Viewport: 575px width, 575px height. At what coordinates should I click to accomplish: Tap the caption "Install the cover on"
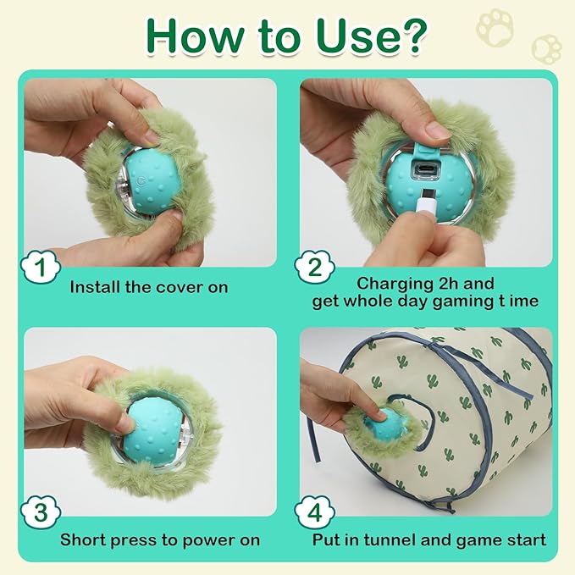pyautogui.click(x=149, y=287)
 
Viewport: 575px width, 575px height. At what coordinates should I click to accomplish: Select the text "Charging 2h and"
pyautogui.click(x=425, y=283)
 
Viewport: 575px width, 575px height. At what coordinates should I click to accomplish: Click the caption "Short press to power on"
pyautogui.click(x=160, y=539)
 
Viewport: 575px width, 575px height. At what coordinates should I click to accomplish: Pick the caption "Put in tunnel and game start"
pyautogui.click(x=429, y=539)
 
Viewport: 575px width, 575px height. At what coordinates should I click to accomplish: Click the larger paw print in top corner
pyautogui.click(x=495, y=27)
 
